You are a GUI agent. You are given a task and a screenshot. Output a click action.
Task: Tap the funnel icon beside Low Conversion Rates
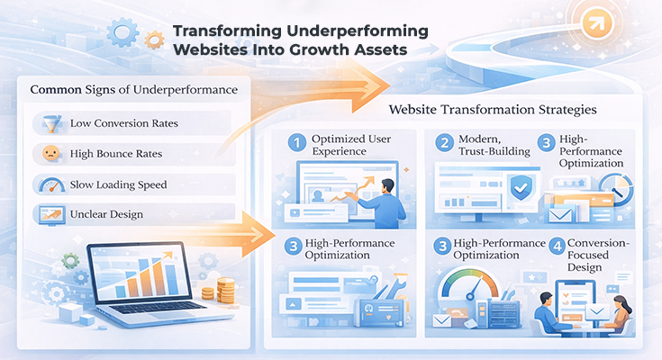pyautogui.click(x=50, y=122)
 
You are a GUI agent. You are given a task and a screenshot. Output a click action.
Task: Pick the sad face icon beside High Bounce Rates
pyautogui.click(x=50, y=154)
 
